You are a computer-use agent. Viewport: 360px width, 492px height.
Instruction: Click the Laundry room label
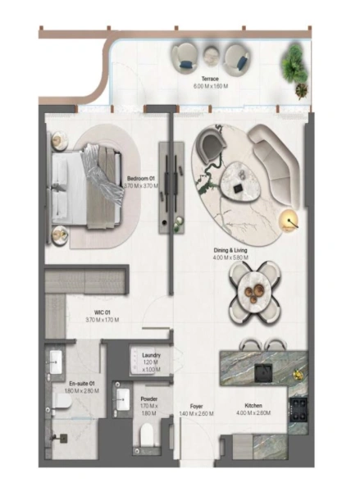coord(151,354)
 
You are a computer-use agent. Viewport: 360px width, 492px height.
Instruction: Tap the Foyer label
coord(196,406)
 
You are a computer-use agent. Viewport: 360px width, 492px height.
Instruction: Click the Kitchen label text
coord(254,406)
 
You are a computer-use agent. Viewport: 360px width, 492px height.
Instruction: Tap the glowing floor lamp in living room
coord(289,218)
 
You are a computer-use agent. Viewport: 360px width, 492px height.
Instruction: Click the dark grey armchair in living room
coord(211,146)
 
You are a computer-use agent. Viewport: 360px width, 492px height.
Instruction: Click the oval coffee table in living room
coord(242,178)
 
